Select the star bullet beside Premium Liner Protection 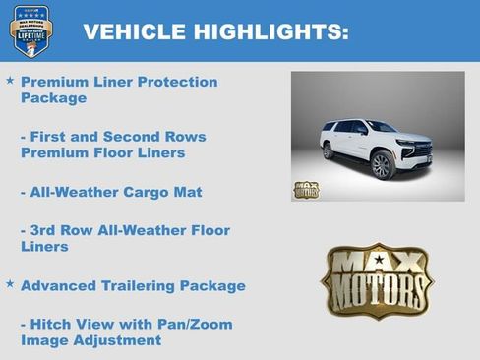(x=10, y=80)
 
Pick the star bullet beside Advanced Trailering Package (x=10, y=284)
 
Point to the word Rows (x=186, y=137)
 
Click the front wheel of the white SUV (x=381, y=164)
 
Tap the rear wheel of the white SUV (x=329, y=151)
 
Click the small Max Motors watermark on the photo (x=306, y=190)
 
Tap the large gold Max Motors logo (x=378, y=281)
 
